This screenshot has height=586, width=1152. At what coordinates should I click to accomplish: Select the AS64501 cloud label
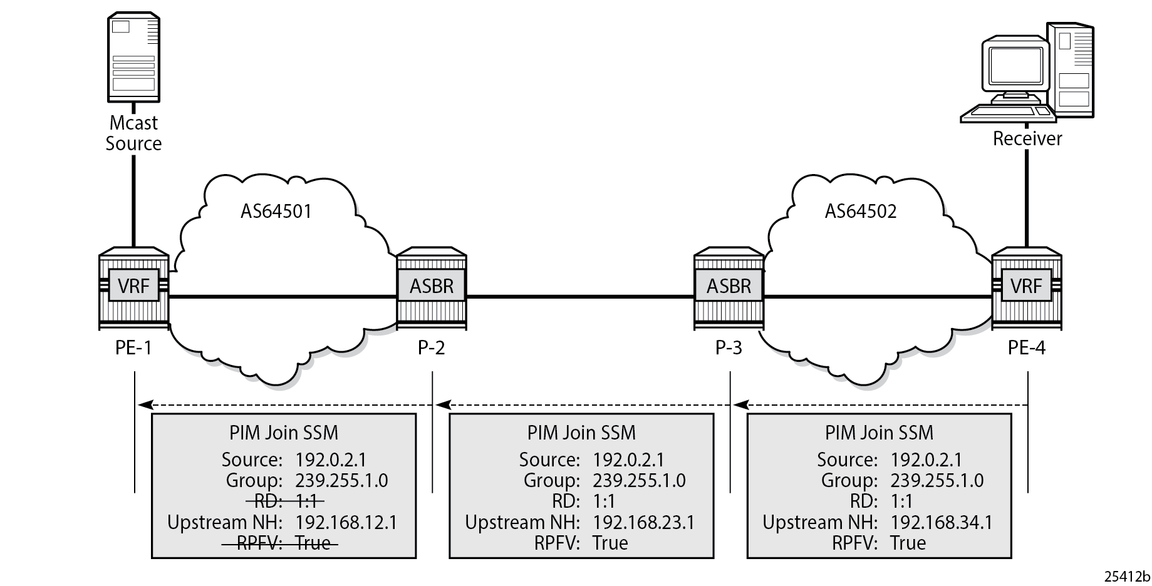(x=276, y=211)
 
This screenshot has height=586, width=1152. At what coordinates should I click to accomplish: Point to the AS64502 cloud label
(x=861, y=211)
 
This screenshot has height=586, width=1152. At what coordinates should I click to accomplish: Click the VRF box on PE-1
(x=133, y=286)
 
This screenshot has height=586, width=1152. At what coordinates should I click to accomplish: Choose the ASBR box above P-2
(x=431, y=286)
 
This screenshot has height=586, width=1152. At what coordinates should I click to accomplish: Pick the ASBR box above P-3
(x=729, y=286)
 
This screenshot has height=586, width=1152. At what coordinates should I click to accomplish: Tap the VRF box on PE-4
(x=1026, y=286)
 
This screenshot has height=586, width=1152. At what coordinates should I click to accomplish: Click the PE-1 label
(x=133, y=347)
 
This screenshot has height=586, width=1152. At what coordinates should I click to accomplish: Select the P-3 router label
(x=729, y=347)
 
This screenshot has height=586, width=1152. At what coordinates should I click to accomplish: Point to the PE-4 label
(x=1027, y=347)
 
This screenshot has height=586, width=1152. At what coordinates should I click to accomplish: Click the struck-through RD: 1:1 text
(x=285, y=501)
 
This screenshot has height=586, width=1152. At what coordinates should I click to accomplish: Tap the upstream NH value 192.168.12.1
(x=346, y=522)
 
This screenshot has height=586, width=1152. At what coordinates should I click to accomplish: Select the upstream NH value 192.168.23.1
(x=644, y=522)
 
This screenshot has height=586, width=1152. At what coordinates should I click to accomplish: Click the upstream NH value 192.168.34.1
(x=942, y=522)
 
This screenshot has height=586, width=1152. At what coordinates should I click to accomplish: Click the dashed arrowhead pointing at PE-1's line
(x=145, y=406)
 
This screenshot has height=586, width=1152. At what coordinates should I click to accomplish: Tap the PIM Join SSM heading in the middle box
(x=581, y=433)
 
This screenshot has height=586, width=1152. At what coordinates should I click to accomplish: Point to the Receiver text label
(x=1027, y=138)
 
